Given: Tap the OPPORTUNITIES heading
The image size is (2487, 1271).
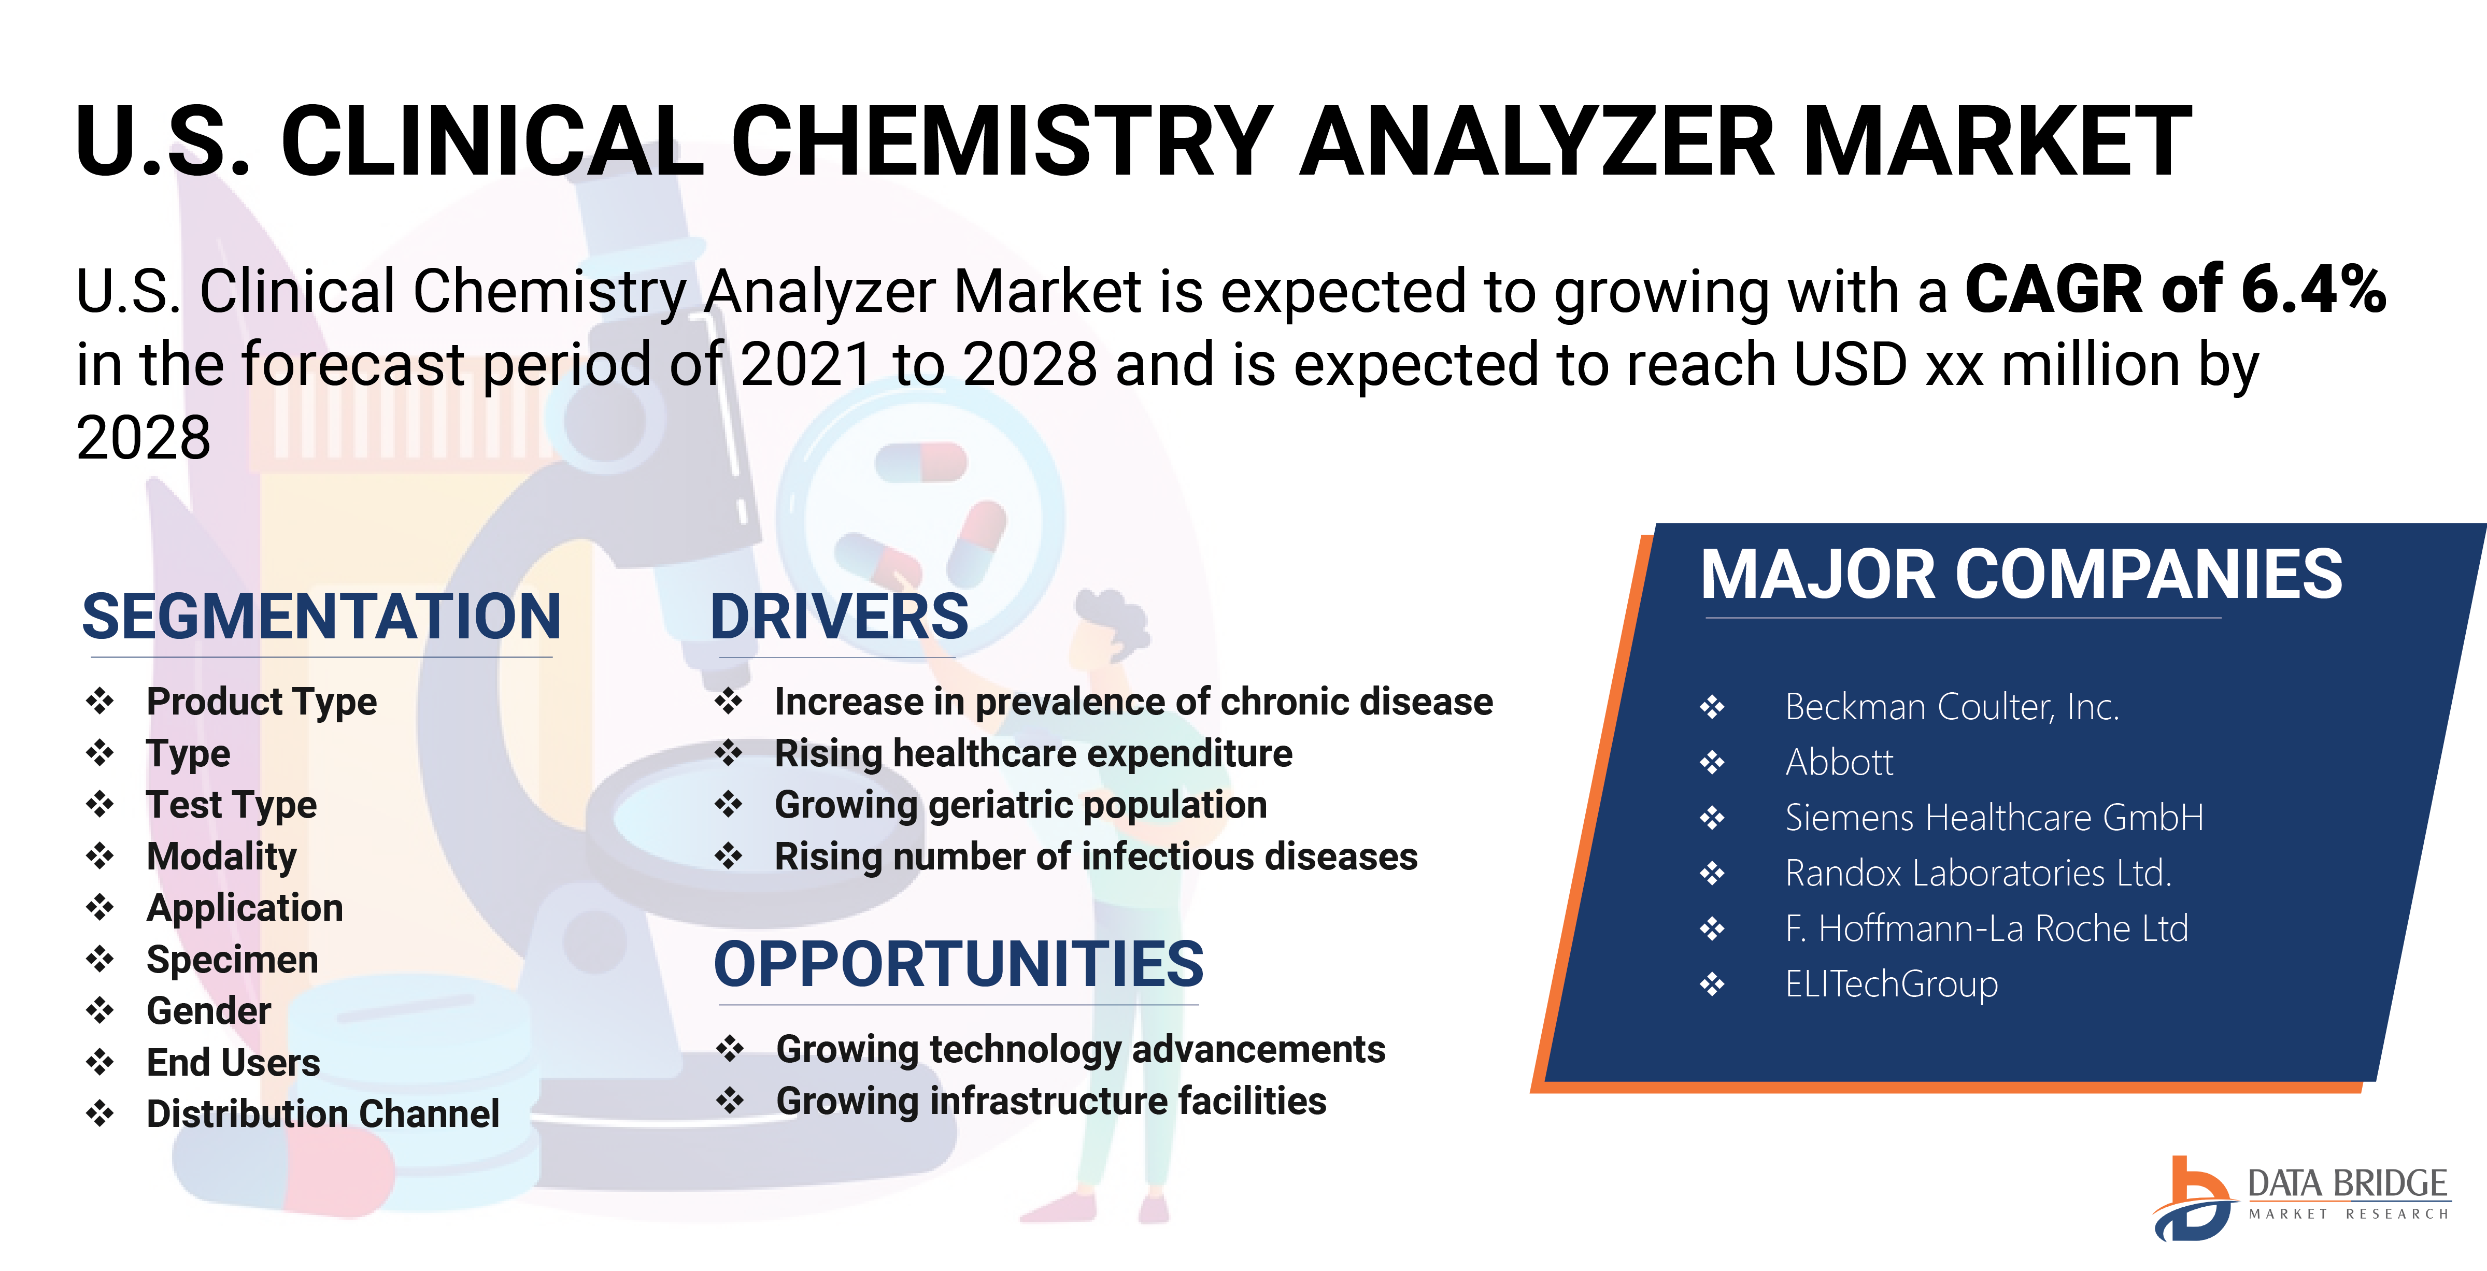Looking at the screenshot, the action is (x=959, y=964).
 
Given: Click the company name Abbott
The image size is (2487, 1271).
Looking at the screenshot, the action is (x=1839, y=762).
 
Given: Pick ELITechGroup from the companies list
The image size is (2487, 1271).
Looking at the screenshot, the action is (x=1892, y=984).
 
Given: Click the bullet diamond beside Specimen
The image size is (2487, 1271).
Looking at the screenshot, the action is (x=100, y=959).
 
